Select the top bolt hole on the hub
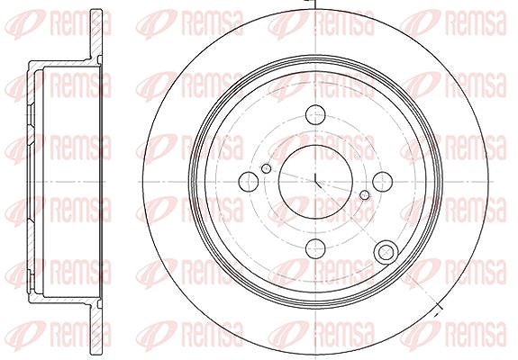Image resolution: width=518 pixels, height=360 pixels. pyautogui.click(x=315, y=114)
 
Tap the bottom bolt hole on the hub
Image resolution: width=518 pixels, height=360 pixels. pyautogui.click(x=315, y=248)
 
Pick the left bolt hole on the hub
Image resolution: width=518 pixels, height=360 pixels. pyautogui.click(x=248, y=181)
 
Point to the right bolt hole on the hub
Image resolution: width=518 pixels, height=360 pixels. pyautogui.click(x=383, y=182)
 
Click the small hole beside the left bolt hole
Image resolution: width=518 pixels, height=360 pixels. pyautogui.click(x=267, y=169)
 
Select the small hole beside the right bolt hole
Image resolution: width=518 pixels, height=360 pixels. pyautogui.click(x=364, y=195)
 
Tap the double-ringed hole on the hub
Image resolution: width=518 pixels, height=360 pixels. pyautogui.click(x=386, y=253)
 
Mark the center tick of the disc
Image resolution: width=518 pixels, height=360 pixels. pyautogui.click(x=317, y=181)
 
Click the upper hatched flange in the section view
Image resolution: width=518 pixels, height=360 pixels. pyautogui.click(x=96, y=34)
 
